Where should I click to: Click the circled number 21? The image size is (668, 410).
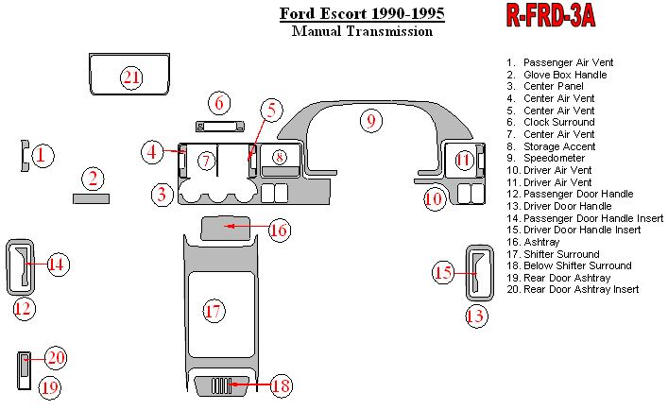131,77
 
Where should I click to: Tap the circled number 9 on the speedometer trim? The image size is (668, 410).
371,120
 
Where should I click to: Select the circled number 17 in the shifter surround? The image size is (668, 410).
214,310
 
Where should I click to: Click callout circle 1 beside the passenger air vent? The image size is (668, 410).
41,156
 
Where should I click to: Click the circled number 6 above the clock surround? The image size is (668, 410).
219,102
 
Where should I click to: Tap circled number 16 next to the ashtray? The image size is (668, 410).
279,230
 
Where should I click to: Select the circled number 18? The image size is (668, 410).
281,385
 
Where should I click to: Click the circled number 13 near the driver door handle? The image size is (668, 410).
476,316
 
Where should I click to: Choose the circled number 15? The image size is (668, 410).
443,273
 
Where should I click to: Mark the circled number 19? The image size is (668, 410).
50,386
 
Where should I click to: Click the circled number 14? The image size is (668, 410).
57,265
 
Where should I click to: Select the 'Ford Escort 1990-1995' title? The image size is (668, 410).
362,14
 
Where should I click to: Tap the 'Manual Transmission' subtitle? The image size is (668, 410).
362,31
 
